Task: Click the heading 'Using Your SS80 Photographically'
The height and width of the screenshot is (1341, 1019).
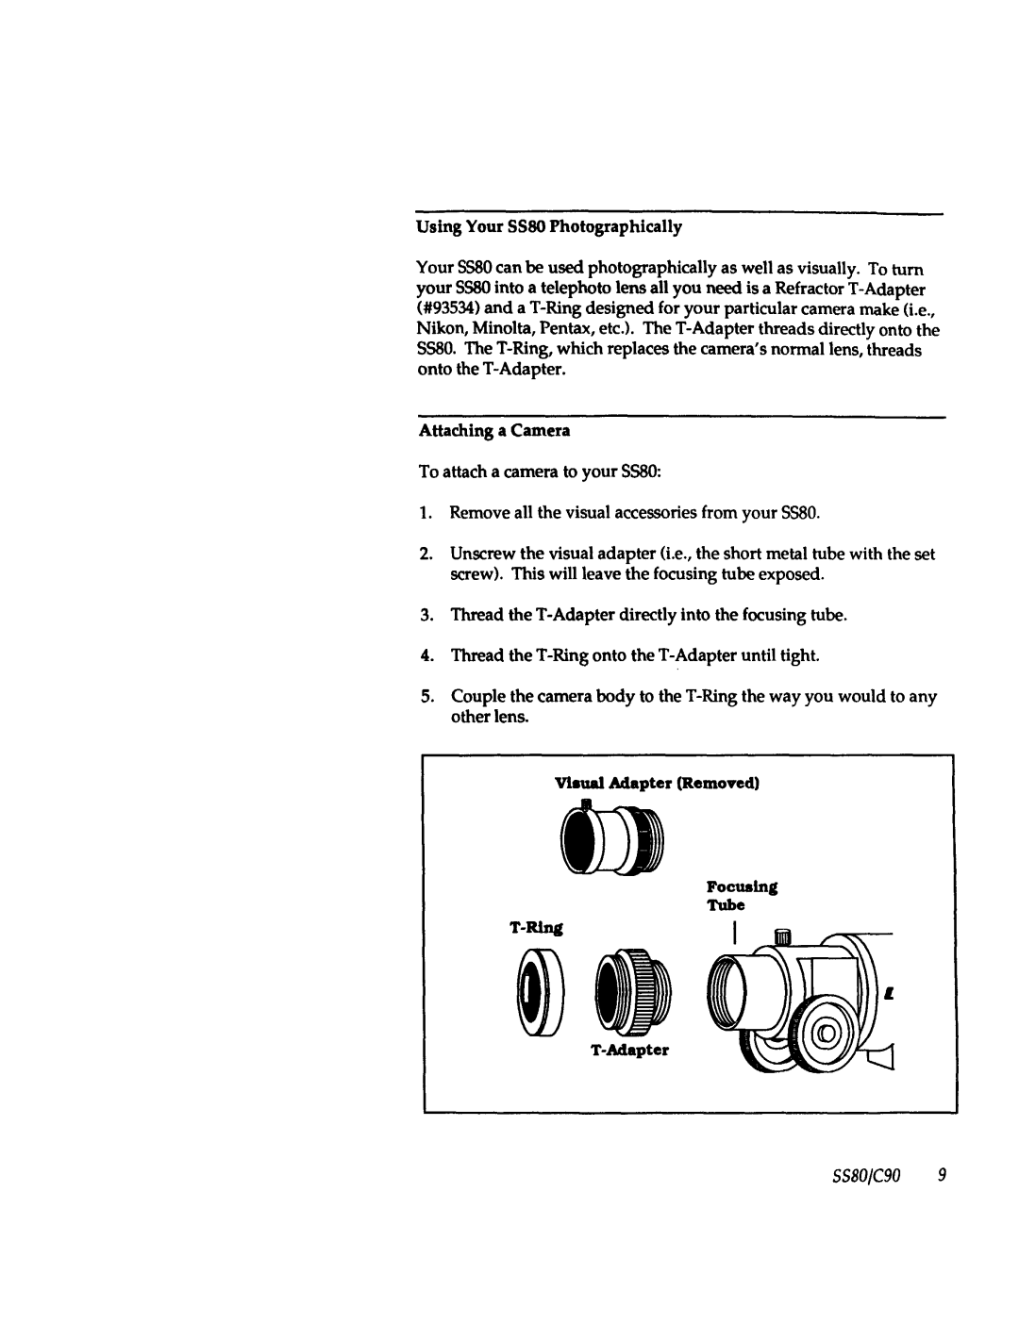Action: (549, 227)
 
